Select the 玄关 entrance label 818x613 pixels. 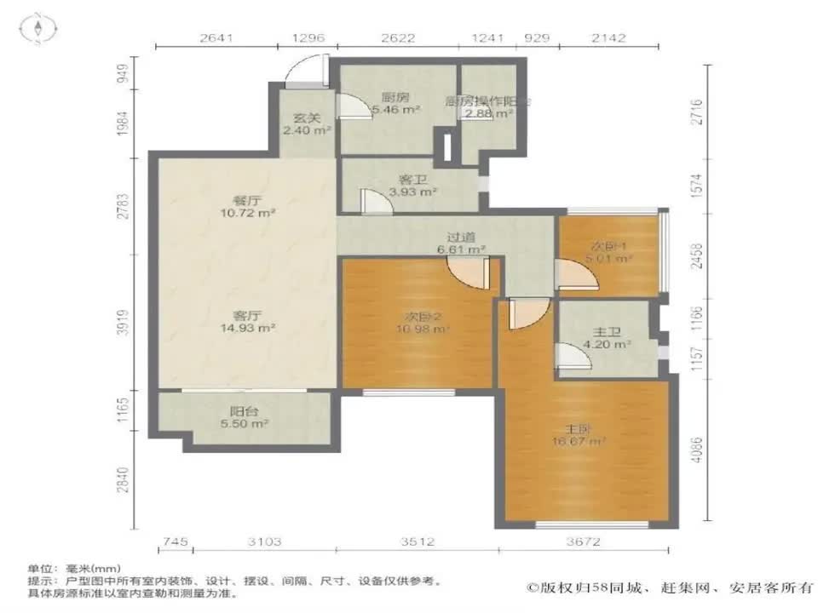click(x=306, y=118)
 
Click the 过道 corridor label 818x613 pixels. click(x=461, y=238)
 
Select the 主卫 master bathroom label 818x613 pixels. click(x=605, y=332)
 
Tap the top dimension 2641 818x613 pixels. click(x=216, y=37)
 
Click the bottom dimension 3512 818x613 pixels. click(x=418, y=541)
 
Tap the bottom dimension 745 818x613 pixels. click(x=174, y=541)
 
